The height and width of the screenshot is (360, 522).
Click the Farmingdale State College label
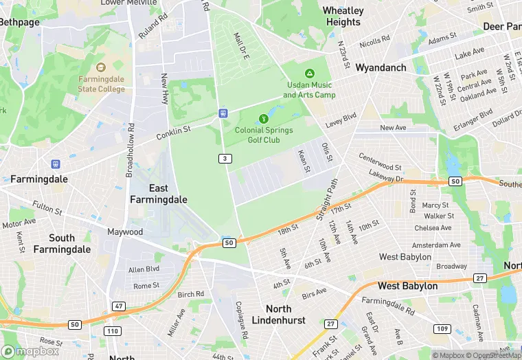pos(101,84)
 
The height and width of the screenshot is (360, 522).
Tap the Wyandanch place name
pos(381,68)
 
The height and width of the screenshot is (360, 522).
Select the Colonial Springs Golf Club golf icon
pos(264,119)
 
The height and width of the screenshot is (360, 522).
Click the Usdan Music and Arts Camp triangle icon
pos(310,73)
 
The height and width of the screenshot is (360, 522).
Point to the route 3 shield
pos(225,159)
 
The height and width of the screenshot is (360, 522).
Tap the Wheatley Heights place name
pos(343,16)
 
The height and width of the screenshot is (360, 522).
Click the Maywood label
pos(125,232)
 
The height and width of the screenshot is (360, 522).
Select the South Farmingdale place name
pos(62,243)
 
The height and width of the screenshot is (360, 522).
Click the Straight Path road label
pos(328,201)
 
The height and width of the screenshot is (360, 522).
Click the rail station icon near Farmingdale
pos(55,164)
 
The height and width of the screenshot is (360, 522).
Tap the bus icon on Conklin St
pos(223,113)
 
